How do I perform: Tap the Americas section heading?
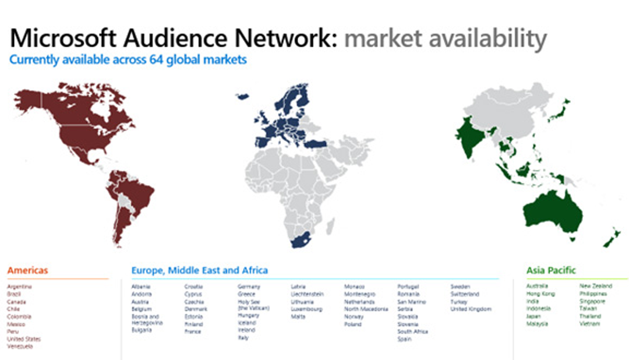click(27, 270)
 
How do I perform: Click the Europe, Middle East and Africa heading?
click(200, 270)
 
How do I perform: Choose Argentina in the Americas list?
click(20, 287)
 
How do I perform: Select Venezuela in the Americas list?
click(20, 347)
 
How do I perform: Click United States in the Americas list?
click(24, 339)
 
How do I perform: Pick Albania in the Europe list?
click(141, 287)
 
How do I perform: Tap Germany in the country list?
click(249, 287)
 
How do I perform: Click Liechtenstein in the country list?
click(307, 294)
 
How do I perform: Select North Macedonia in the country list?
click(366, 309)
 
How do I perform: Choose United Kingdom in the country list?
click(471, 309)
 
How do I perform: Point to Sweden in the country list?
click(460, 287)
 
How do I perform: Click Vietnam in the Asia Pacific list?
click(589, 324)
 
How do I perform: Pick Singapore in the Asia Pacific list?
click(593, 302)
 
